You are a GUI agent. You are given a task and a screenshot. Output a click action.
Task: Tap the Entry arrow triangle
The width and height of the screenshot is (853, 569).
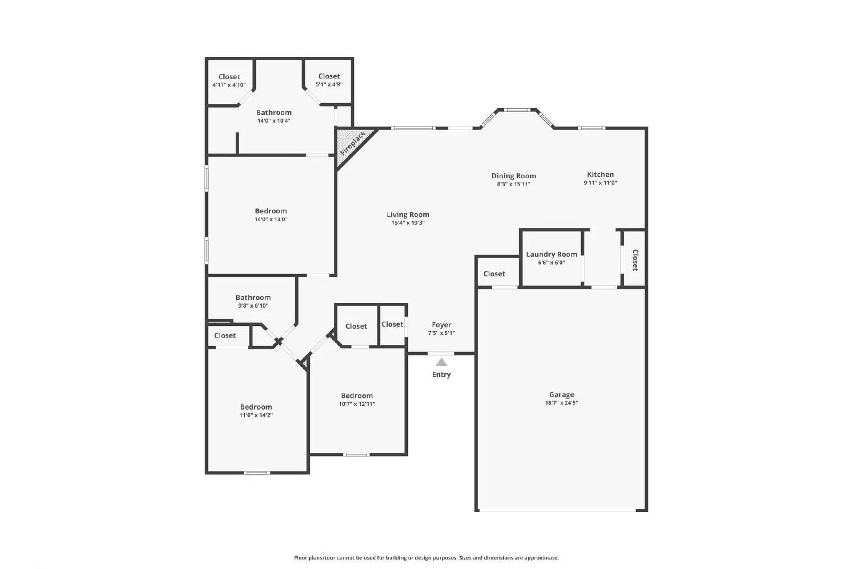(441, 362)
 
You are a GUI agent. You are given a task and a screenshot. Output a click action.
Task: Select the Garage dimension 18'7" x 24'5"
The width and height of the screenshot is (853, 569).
(561, 403)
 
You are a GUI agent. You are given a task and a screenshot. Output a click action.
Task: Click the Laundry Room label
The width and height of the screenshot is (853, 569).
(551, 254)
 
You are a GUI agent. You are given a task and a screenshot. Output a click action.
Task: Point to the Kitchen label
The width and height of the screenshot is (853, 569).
(600, 174)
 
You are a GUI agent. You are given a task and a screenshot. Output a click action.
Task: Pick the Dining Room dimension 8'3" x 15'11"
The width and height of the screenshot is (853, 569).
(513, 185)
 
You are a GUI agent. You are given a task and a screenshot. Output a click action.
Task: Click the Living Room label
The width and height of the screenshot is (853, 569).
(408, 214)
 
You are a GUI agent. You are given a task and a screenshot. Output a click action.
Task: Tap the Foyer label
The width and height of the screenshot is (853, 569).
(441, 325)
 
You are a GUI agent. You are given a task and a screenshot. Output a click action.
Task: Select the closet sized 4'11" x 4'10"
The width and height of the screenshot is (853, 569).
(229, 81)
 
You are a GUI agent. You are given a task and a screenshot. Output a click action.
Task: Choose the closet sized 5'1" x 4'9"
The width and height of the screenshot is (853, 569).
(329, 80)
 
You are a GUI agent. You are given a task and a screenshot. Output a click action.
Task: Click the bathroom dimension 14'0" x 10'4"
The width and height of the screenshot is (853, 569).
(273, 121)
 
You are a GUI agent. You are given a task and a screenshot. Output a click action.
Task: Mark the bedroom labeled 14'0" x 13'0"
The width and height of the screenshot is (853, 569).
(271, 215)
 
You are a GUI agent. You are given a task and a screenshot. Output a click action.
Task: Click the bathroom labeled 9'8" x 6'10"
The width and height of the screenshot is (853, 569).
(253, 301)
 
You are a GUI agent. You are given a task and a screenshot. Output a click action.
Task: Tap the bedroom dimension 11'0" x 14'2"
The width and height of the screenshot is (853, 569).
(256, 415)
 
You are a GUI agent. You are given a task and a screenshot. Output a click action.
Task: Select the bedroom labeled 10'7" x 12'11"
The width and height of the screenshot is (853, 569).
(357, 399)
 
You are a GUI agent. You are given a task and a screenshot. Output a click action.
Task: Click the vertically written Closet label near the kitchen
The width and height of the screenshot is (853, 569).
(635, 260)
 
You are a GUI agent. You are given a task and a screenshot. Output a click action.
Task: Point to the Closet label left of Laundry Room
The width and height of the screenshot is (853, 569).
(494, 274)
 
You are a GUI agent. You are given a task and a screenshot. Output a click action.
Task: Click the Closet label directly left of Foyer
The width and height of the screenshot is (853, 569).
(392, 324)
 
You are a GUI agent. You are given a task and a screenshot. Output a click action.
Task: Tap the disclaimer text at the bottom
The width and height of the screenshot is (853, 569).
(426, 558)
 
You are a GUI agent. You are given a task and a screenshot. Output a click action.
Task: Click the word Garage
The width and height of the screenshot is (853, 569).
(561, 395)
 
